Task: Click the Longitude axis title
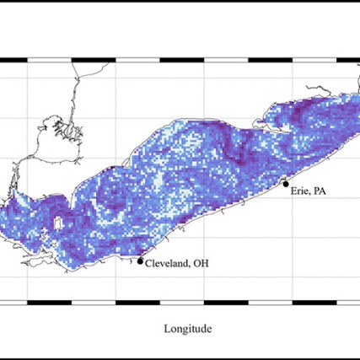coord(188,329)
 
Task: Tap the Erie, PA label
coord(309,191)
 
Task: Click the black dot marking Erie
coord(286,184)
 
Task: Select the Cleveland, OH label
coord(176,263)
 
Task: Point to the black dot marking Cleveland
coord(140,261)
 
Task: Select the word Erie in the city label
coord(299,191)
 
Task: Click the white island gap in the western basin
coord(56,225)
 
